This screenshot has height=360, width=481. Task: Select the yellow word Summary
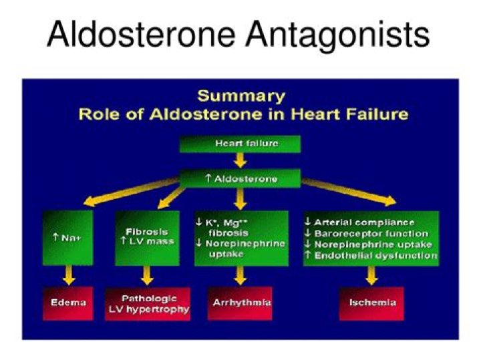click(240, 96)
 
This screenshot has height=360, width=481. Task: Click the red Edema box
click(68, 303)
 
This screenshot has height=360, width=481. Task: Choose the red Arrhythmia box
click(241, 303)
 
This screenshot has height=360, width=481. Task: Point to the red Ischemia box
click(372, 303)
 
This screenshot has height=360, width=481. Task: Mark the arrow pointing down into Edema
click(68, 277)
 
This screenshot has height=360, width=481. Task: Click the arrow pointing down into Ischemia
click(372, 277)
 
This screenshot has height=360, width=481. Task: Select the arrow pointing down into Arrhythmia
click(241, 277)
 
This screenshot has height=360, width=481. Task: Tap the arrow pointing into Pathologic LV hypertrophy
click(148, 277)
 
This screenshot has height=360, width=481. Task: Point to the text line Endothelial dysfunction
click(371, 255)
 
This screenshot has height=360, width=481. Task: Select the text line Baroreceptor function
click(371, 233)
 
